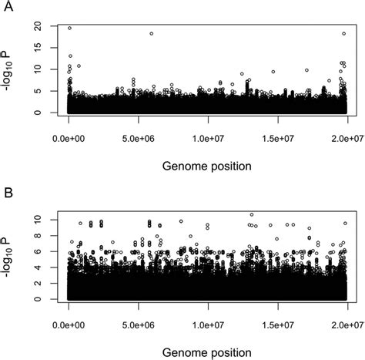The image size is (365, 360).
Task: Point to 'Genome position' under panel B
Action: pyautogui.click(x=208, y=350)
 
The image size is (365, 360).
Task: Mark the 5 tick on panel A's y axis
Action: pyautogui.click(x=46, y=91)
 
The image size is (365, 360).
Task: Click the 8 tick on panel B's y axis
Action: pyautogui.click(x=46, y=235)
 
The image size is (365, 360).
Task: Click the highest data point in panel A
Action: pyautogui.click(x=70, y=29)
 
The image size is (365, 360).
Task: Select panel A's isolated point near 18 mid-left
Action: pyautogui.click(x=151, y=34)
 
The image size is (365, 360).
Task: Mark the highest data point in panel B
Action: pyautogui.click(x=251, y=215)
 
